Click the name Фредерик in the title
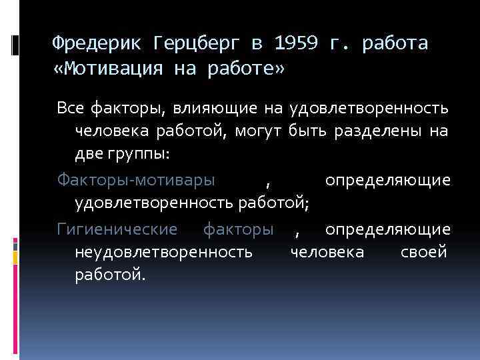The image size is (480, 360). pos(96,44)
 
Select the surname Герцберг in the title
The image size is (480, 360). pos(197,44)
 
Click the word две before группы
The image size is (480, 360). pos(89,155)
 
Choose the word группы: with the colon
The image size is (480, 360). pos(139,155)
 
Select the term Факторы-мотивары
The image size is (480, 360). pos(136,180)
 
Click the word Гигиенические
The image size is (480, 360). pos(117,229)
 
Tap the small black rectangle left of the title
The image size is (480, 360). pos(16,45)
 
